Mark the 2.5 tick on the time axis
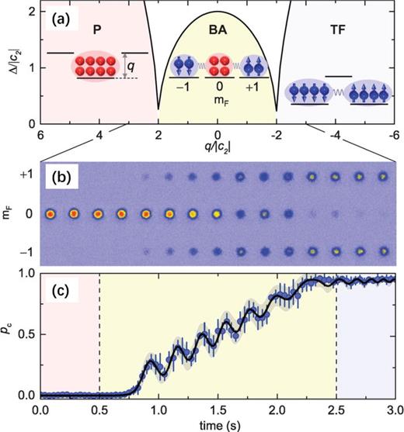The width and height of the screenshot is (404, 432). (x=336, y=409)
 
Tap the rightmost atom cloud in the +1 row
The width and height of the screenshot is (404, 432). (x=382, y=177)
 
